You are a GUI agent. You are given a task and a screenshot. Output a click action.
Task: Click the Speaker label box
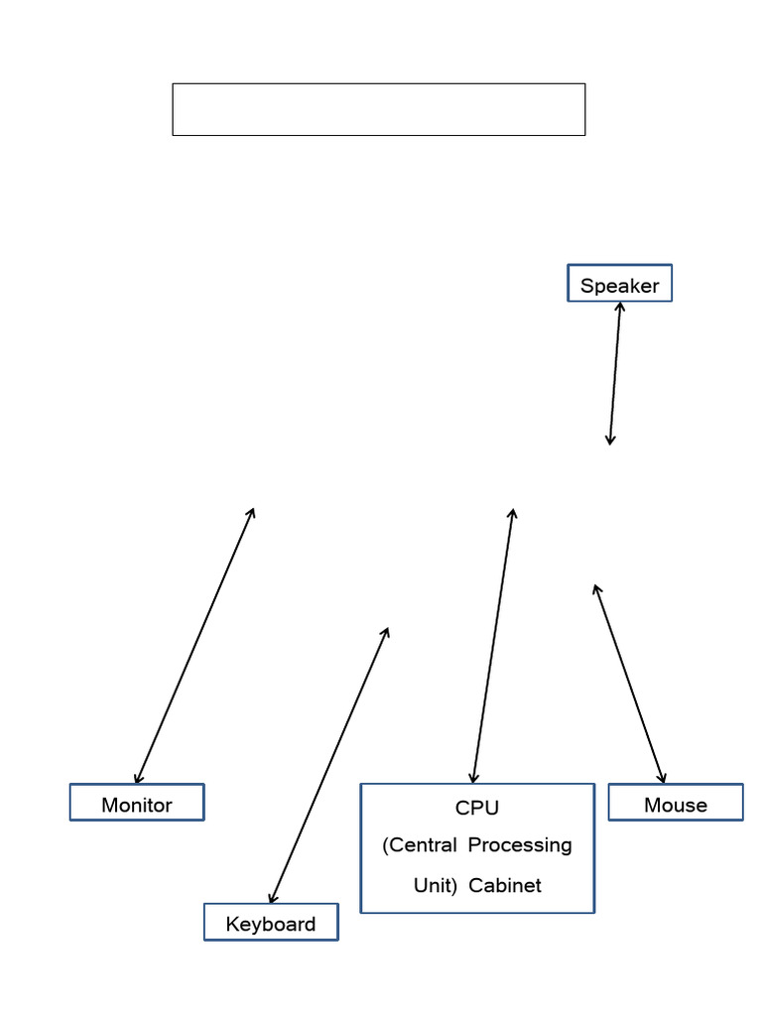(x=619, y=284)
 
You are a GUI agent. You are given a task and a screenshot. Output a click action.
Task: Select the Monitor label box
(x=137, y=803)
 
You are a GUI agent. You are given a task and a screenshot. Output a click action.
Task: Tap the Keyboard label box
(x=271, y=923)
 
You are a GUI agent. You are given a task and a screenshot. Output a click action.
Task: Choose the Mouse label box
(x=676, y=803)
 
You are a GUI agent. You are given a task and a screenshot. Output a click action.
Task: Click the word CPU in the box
(x=477, y=808)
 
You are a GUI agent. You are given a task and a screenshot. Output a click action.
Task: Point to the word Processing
(x=520, y=845)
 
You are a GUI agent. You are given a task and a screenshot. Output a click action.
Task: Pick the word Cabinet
(x=505, y=885)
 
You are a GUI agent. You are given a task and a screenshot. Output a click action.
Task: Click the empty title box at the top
(x=378, y=109)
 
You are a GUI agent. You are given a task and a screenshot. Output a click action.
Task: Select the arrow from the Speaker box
(x=615, y=373)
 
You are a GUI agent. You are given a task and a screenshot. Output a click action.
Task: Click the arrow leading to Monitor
(x=194, y=646)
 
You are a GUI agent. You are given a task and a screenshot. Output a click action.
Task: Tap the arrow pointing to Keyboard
(x=328, y=765)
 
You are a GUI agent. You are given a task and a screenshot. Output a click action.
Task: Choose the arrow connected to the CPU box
(x=493, y=646)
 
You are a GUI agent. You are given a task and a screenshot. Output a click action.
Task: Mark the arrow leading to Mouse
(x=629, y=684)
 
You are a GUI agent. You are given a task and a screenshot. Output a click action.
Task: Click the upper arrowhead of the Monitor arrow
(x=253, y=511)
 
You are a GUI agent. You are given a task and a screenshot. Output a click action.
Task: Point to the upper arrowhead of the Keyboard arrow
(x=386, y=630)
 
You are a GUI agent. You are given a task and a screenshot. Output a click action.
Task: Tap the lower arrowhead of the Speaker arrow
(x=610, y=442)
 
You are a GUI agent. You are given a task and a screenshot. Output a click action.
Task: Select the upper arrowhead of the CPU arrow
(x=512, y=512)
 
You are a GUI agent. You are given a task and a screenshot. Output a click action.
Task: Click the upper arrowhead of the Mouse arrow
(x=595, y=587)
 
